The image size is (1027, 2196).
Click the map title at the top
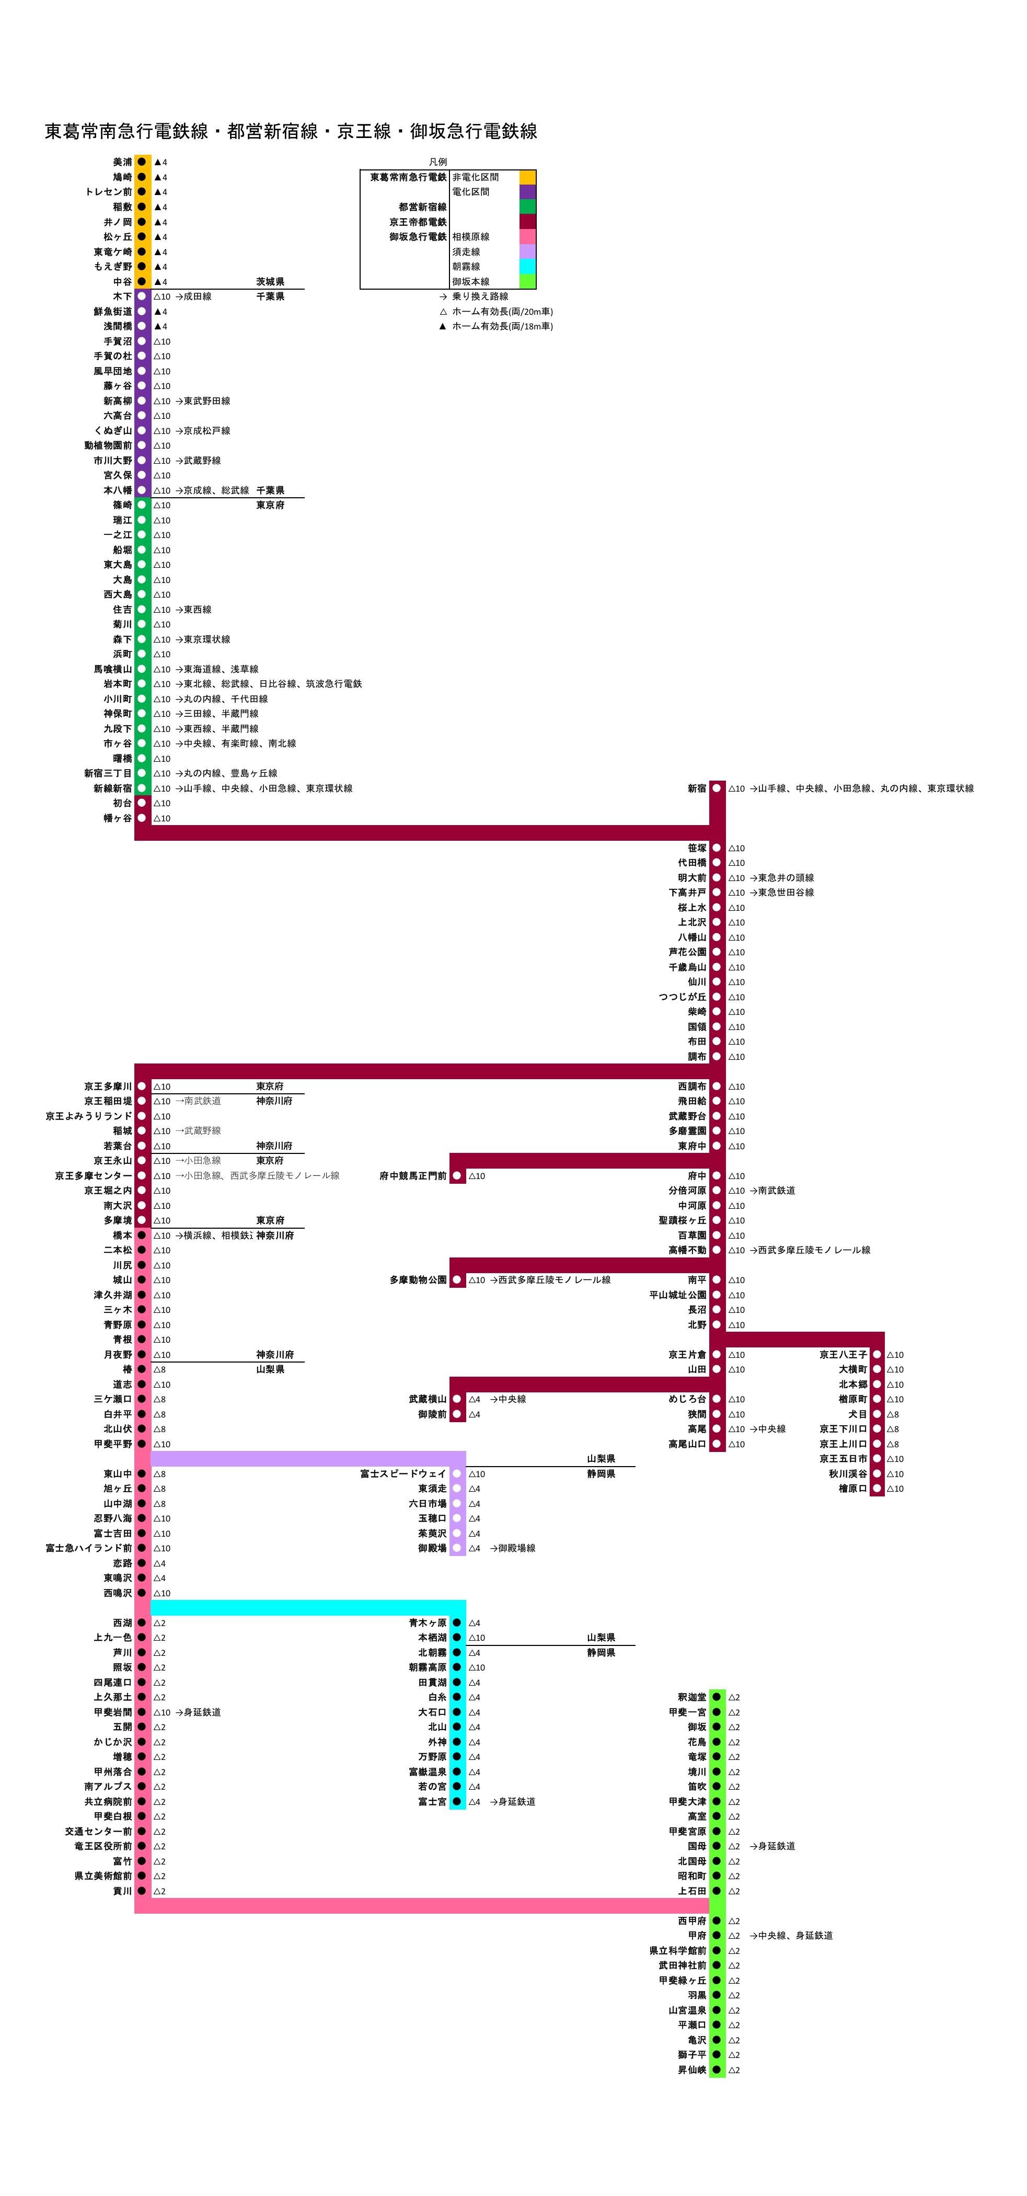coord(291,131)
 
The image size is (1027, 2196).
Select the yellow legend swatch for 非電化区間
coord(527,177)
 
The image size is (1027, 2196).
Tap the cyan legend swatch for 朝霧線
coord(527,267)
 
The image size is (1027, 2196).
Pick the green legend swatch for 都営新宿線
coord(527,207)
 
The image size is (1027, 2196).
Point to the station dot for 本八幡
coord(142,490)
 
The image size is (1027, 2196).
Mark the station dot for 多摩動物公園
coord(457,1279)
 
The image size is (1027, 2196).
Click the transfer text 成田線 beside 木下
coord(197,296)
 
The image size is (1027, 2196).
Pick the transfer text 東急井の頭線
coord(785,877)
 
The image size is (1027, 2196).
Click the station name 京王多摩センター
coord(94,1175)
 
